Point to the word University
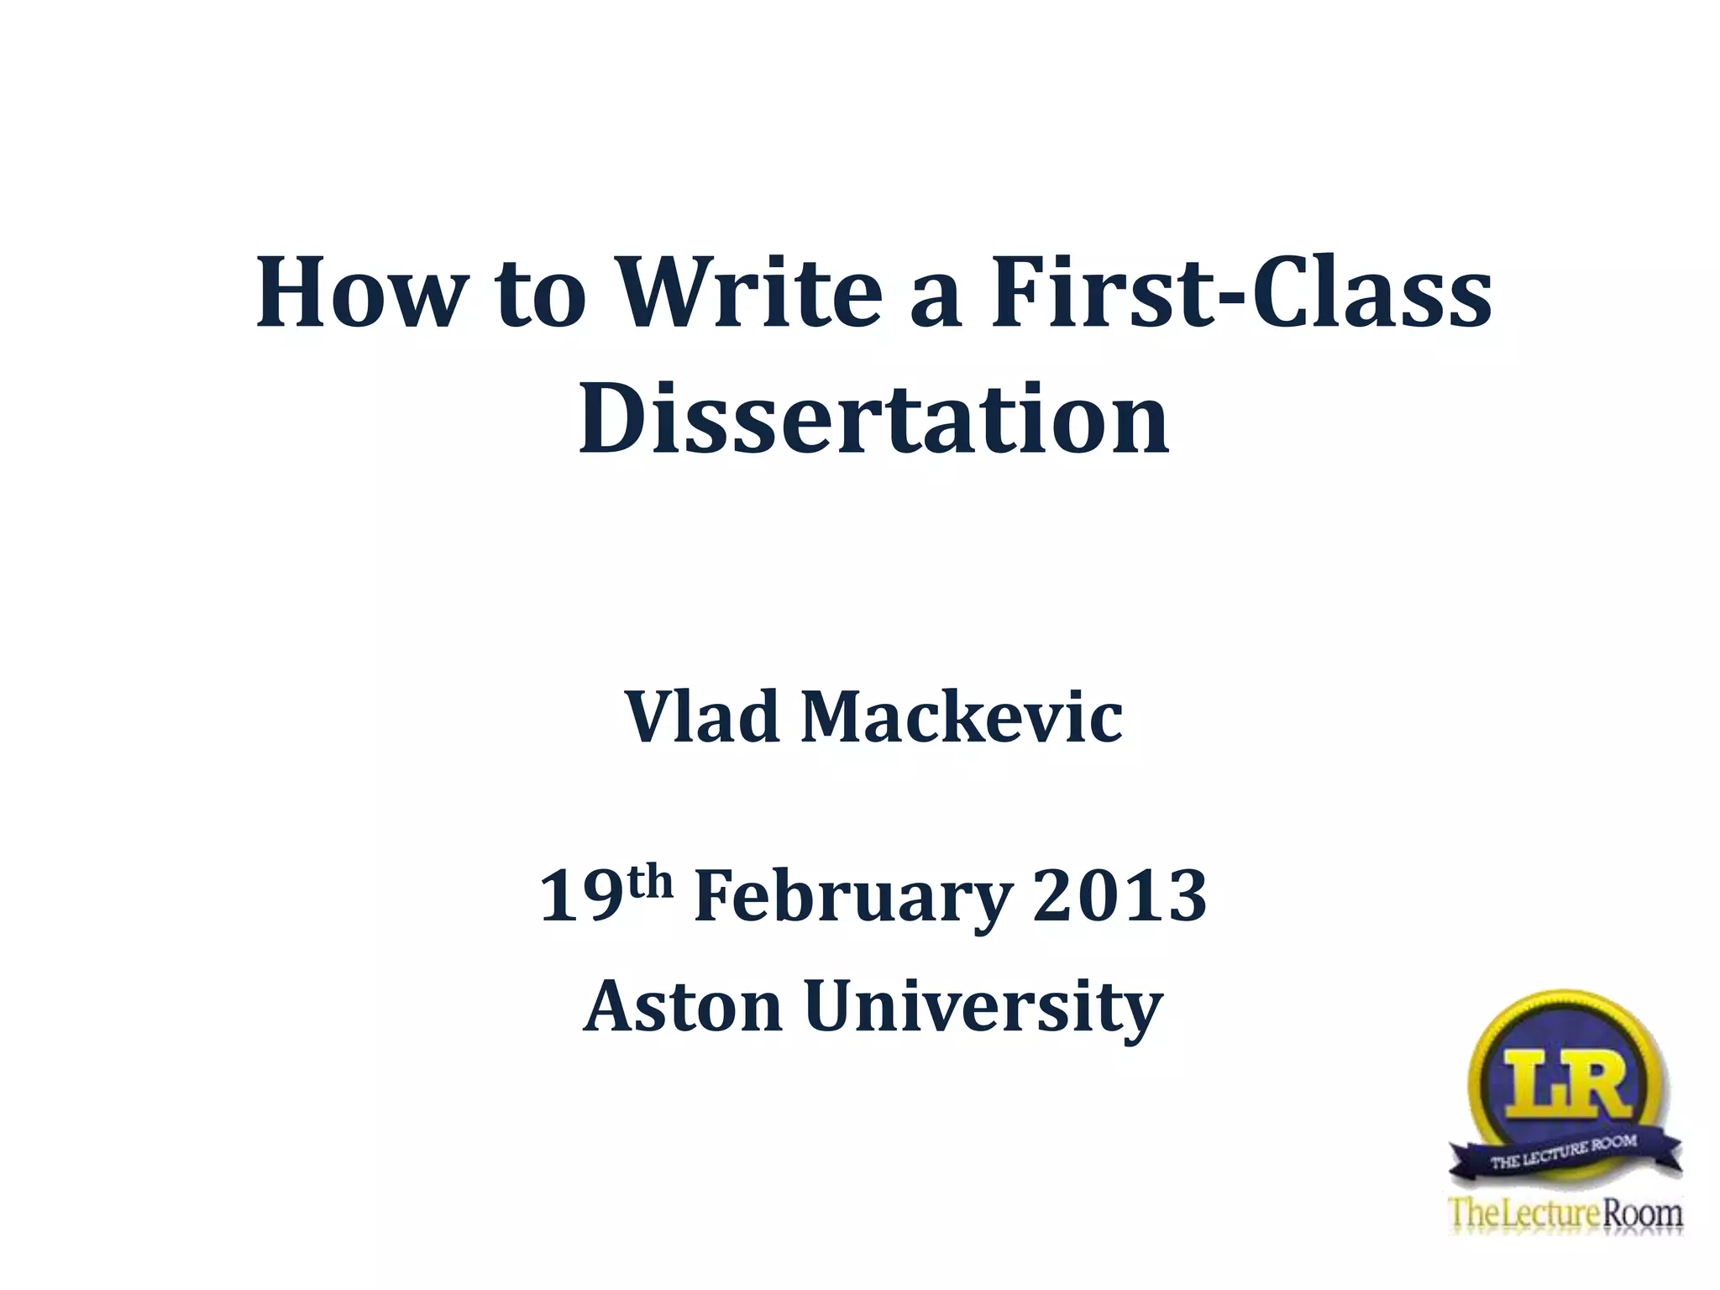[983, 1008]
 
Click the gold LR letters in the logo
[1563, 1083]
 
